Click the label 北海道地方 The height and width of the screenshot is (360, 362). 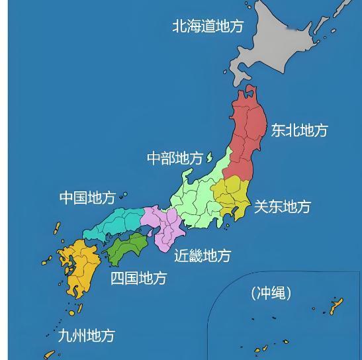pyautogui.click(x=208, y=26)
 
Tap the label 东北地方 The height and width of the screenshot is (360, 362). pyautogui.click(x=299, y=130)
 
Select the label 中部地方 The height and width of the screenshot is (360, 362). pyautogui.click(x=175, y=158)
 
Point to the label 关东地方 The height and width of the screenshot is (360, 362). pyautogui.click(x=282, y=206)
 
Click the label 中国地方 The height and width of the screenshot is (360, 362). pyautogui.click(x=87, y=197)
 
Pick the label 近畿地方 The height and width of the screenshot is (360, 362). pyautogui.click(x=203, y=255)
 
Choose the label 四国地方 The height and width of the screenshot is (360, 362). pyautogui.click(x=138, y=278)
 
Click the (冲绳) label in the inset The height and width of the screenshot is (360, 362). pyautogui.click(x=271, y=292)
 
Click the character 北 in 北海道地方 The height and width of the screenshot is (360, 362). pyautogui.click(x=179, y=26)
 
